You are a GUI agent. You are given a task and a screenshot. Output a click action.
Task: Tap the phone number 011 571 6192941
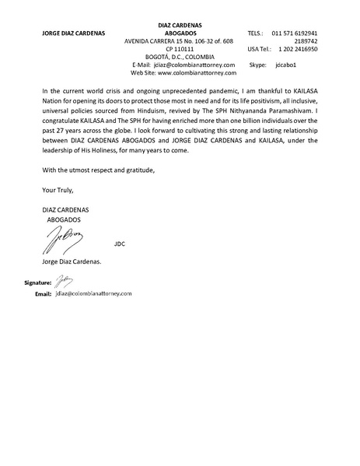295,33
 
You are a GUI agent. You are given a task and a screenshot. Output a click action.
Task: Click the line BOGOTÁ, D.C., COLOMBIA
178,57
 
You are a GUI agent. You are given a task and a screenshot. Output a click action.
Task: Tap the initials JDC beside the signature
119,244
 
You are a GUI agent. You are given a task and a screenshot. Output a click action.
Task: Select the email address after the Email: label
93,294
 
